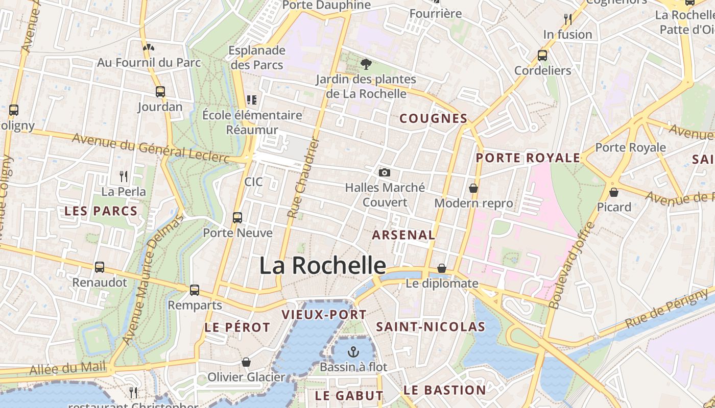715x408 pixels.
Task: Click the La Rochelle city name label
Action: pyautogui.click(x=322, y=266)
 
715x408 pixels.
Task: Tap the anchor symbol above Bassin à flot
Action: pyautogui.click(x=353, y=351)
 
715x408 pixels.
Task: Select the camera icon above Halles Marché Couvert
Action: pyautogui.click(x=385, y=173)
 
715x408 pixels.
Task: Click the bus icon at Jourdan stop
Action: pyautogui.click(x=160, y=92)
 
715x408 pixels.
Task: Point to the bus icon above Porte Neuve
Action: pyautogui.click(x=237, y=218)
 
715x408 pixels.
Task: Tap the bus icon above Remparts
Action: pyautogui.click(x=195, y=290)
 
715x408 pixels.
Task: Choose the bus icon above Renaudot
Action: pyautogui.click(x=100, y=267)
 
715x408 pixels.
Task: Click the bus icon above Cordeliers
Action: pyautogui.click(x=542, y=56)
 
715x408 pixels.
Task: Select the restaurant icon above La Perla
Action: pyautogui.click(x=124, y=176)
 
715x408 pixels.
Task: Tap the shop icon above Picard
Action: pyautogui.click(x=614, y=192)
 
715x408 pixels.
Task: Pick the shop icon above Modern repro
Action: pyautogui.click(x=473, y=188)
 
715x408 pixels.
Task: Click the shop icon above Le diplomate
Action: pyautogui.click(x=442, y=268)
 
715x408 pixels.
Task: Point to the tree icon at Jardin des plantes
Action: pyautogui.click(x=366, y=64)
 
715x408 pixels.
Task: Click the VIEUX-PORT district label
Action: pyautogui.click(x=324, y=315)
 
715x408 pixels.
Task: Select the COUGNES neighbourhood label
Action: pyautogui.click(x=433, y=119)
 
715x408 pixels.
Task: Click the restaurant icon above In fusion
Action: pyautogui.click(x=568, y=19)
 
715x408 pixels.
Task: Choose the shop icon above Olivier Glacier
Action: pyautogui.click(x=246, y=362)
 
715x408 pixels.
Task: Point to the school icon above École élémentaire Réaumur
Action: pyautogui.click(x=251, y=99)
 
